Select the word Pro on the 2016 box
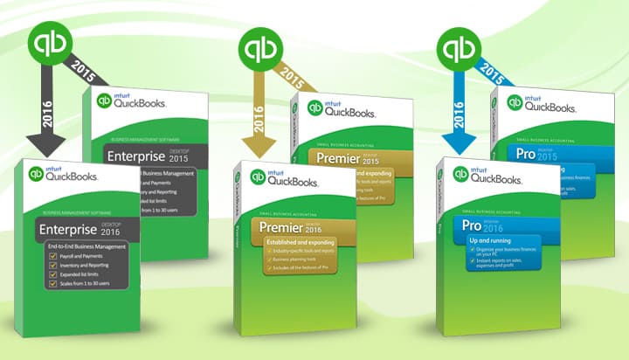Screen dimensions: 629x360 tap(472, 225)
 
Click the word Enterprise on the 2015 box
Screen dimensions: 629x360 tap(135, 157)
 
